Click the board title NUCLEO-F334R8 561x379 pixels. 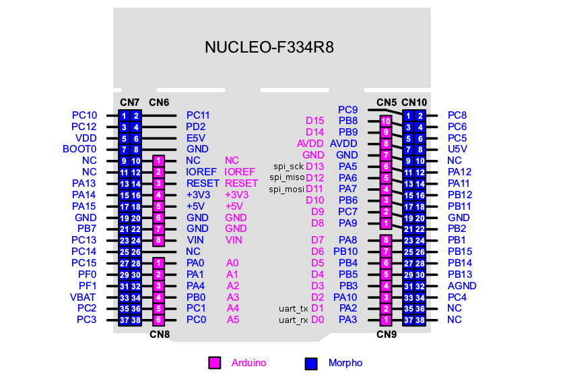coord(269,48)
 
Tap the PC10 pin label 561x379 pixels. coord(84,115)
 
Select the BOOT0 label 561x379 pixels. coord(79,149)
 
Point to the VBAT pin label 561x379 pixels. coord(84,297)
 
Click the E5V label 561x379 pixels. coord(196,138)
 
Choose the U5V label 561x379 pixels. coord(457,149)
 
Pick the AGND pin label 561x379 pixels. coord(462,285)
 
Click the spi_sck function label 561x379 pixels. coord(289,167)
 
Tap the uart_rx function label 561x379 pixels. coord(293,320)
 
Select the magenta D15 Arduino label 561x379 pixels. coord(315,121)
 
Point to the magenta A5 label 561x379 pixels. coord(232,320)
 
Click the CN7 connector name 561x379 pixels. coord(129,103)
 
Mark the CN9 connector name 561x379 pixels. coord(386,334)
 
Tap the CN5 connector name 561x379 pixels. coord(386,103)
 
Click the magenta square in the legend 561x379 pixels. coord(215,363)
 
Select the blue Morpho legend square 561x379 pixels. coord(310,363)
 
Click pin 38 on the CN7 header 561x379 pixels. coord(135,320)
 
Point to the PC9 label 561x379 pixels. coord(348,109)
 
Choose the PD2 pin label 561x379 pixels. coord(196,127)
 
